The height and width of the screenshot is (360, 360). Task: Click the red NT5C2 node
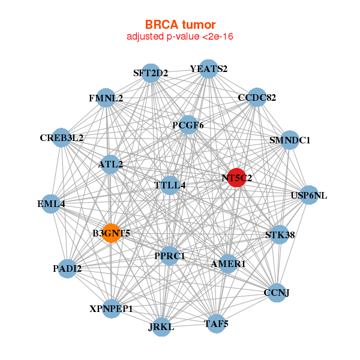pyautogui.click(x=236, y=178)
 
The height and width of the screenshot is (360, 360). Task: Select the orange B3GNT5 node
pyautogui.click(x=111, y=233)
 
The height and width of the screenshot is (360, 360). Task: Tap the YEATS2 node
pyautogui.click(x=208, y=69)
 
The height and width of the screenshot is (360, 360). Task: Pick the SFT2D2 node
pyautogui.click(x=151, y=73)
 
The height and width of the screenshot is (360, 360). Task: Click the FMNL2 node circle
pyautogui.click(x=106, y=98)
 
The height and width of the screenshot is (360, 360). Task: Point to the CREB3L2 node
pyautogui.click(x=62, y=137)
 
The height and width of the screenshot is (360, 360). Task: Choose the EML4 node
pyautogui.click(x=50, y=204)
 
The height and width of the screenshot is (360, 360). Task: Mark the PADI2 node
pyautogui.click(x=67, y=268)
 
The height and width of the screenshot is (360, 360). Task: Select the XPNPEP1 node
pyautogui.click(x=112, y=308)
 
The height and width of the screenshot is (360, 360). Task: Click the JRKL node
pyautogui.click(x=161, y=327)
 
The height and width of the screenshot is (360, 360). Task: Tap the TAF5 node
pyautogui.click(x=217, y=324)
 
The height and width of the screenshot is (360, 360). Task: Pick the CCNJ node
pyautogui.click(x=277, y=292)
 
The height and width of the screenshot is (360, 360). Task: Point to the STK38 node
pyautogui.click(x=280, y=235)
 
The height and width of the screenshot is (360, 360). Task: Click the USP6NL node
pyautogui.click(x=308, y=195)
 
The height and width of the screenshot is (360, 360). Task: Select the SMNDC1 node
pyautogui.click(x=290, y=140)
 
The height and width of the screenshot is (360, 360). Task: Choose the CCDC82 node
pyautogui.click(x=257, y=97)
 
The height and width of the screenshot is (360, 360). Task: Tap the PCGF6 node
pyautogui.click(x=188, y=125)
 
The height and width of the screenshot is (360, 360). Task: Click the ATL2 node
pyautogui.click(x=110, y=163)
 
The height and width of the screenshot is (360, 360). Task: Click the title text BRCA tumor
pyautogui.click(x=180, y=25)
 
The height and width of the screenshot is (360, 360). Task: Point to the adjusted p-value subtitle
pyautogui.click(x=180, y=37)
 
